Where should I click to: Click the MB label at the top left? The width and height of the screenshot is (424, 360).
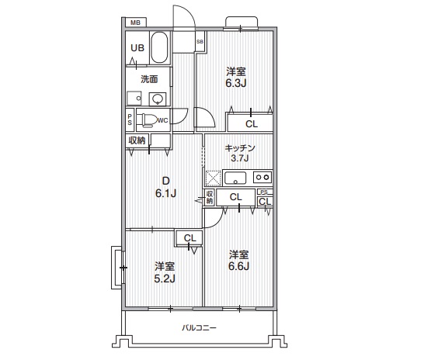[x=136, y=23]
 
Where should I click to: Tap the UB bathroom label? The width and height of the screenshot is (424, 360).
[x=137, y=48]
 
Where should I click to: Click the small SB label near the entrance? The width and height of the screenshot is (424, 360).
[x=200, y=41]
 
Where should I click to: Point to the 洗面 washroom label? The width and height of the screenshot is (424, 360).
[x=149, y=79]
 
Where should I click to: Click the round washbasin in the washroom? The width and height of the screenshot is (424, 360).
[x=158, y=99]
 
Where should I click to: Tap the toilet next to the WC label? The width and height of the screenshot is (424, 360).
[x=147, y=120]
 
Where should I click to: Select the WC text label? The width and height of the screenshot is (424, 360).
[x=164, y=120]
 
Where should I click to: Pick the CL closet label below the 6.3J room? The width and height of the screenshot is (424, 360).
[x=252, y=123]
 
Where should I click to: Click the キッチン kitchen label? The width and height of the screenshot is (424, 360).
[x=240, y=147]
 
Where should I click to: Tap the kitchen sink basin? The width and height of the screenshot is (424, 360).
[x=235, y=177]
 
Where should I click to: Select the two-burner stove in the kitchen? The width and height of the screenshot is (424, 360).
[x=262, y=177]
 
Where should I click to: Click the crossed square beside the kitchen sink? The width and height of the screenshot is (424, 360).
[x=214, y=178]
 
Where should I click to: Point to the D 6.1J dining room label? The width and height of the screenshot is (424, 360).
[x=165, y=188]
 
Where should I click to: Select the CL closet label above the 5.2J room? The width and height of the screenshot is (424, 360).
[x=189, y=238]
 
